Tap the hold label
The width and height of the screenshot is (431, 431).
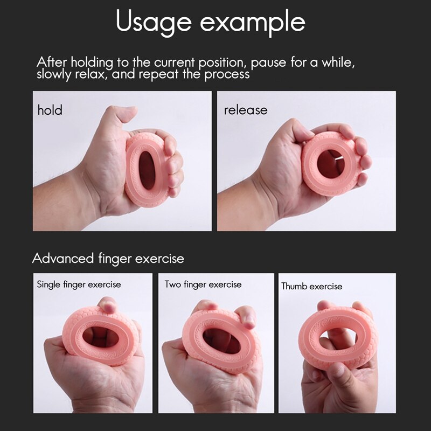[50, 110]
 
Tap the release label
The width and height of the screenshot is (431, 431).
[246, 110]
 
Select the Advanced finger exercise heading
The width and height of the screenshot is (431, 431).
[108, 258]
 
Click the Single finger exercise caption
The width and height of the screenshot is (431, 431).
[79, 284]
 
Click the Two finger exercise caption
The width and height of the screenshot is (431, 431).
[203, 284]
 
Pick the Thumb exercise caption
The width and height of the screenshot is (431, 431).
[311, 286]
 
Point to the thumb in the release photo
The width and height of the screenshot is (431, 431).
[294, 129]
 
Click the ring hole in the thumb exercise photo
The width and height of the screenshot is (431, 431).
[338, 339]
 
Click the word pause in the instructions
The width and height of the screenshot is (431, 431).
[269, 62]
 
